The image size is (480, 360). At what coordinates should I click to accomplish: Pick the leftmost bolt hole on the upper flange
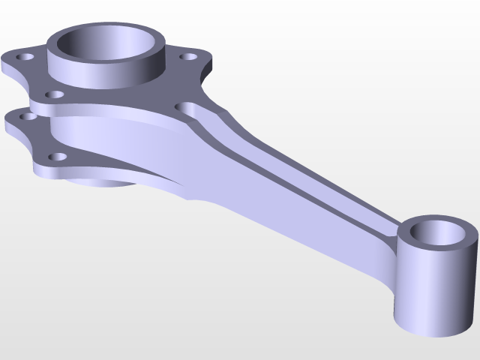coord(27,57)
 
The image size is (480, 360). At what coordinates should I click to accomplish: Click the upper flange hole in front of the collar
coord(55,94)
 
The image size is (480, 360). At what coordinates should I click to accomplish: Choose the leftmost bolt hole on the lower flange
coord(28,116)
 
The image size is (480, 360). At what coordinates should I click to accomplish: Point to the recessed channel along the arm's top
coord(300,172)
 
